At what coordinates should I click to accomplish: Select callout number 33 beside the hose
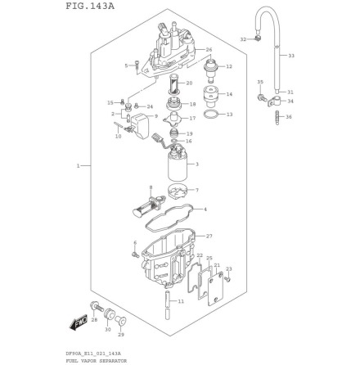tap(291, 56)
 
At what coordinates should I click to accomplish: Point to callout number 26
tap(209, 50)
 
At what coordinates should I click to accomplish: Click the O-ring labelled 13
tap(210, 115)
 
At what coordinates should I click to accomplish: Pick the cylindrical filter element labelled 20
tap(175, 84)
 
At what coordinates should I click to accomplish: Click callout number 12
tap(229, 67)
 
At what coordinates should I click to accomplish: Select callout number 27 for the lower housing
tap(209, 236)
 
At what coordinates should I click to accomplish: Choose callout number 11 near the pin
tap(181, 301)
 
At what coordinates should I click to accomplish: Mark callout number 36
tap(289, 117)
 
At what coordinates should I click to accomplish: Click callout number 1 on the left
tap(79, 166)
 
